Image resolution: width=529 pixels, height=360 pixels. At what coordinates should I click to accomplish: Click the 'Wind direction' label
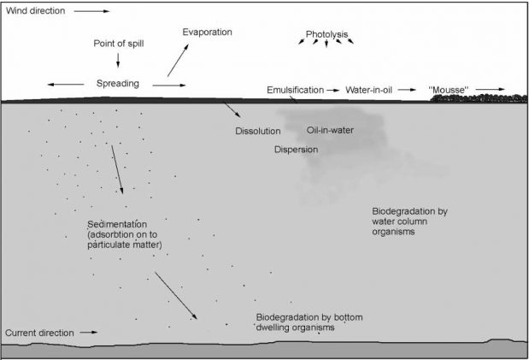35,11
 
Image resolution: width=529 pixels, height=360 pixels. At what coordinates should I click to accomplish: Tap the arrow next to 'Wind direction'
91,11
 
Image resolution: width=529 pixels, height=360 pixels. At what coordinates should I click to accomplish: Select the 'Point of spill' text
119,44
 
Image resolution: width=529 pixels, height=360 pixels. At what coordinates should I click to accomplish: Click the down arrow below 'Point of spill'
118,60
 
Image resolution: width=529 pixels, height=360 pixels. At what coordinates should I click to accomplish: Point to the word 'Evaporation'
207,32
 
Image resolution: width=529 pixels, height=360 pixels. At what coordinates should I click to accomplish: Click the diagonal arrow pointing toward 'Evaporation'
178,60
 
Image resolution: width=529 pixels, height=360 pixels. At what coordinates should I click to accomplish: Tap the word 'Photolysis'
326,34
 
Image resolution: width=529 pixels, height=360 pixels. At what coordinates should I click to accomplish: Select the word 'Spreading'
118,84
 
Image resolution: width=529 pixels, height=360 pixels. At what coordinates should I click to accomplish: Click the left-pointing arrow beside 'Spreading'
66,85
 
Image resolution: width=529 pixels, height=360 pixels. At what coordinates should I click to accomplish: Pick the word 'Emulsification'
295,90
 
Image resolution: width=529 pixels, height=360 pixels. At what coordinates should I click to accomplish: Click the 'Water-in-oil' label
368,90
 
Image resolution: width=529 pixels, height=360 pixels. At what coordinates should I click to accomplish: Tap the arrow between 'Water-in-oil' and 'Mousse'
407,90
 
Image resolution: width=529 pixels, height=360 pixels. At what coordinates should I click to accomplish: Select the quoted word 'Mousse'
449,90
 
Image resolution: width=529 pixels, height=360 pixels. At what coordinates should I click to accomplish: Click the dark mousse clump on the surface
479,98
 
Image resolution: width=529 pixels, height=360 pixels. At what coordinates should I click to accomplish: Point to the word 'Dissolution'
258,131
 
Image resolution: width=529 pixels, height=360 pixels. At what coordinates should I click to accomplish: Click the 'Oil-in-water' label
330,130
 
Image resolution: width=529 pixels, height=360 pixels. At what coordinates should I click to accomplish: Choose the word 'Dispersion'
296,150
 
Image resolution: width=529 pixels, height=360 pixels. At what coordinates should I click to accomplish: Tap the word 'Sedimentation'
117,224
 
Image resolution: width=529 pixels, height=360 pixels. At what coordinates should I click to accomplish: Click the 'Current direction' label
39,333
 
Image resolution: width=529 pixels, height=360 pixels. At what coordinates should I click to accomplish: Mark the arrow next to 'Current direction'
89,333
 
